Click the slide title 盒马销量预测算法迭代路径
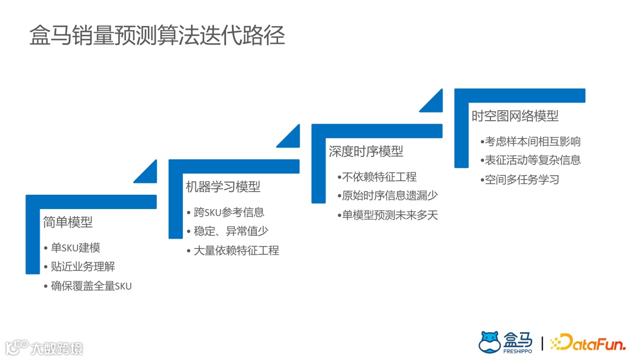click(157, 36)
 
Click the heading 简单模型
click(68, 222)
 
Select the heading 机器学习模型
click(223, 187)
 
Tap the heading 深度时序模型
click(366, 152)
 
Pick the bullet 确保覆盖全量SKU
click(91, 286)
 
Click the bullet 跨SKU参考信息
click(228, 212)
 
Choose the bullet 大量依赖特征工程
click(236, 250)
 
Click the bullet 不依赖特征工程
click(379, 176)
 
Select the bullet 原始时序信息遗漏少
click(390, 195)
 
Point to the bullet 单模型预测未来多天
click(390, 215)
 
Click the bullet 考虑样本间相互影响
click(532, 142)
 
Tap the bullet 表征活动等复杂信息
click(532, 160)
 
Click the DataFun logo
click(588, 343)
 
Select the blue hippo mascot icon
click(489, 342)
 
